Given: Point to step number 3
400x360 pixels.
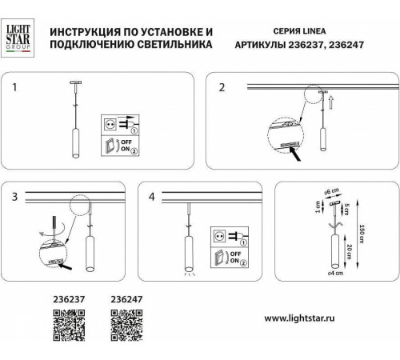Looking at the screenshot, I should click(x=14, y=196).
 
